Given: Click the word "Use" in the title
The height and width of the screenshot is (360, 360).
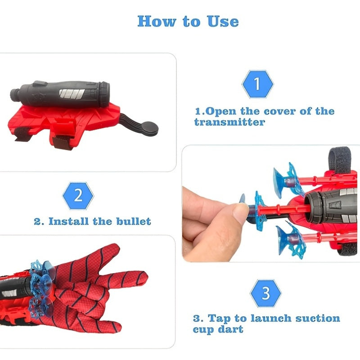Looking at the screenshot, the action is coord(223,21).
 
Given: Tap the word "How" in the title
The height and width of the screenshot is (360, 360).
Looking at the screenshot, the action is coord(157,21).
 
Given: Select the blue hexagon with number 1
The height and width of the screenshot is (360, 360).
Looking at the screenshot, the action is coord(257,84).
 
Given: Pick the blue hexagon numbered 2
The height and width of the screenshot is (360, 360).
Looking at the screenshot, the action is coord(78,196).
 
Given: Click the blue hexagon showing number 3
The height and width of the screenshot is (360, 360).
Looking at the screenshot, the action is coord(265,293).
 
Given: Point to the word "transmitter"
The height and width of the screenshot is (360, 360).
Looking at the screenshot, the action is coord(229,122).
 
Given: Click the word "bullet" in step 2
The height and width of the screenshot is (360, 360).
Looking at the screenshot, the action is coord(134,221).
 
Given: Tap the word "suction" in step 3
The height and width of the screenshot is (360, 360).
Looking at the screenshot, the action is coord(318,319).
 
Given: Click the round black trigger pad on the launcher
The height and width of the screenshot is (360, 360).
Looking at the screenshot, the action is coord(149,128).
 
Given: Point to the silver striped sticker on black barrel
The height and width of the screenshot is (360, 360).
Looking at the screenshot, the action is coord(72,93).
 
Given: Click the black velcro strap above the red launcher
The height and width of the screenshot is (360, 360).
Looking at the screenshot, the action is coord(340,158).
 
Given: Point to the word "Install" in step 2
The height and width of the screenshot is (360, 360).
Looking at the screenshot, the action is coord(68,221).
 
